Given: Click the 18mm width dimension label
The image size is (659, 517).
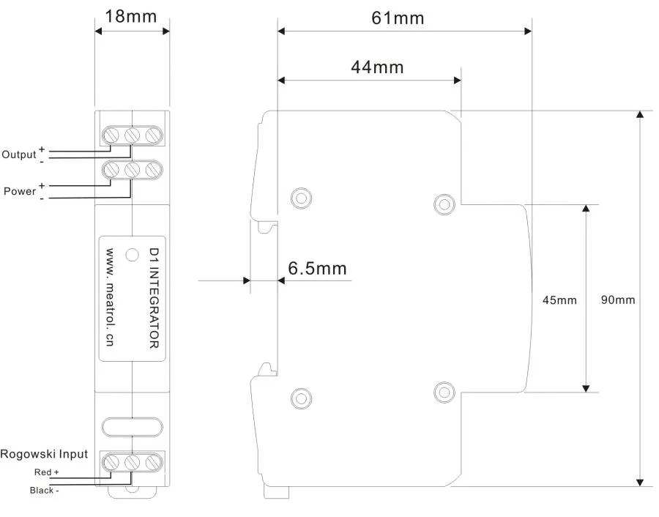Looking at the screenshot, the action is tap(130, 16).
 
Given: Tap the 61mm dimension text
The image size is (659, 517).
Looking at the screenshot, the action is tap(398, 18).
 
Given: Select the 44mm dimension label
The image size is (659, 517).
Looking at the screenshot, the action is tap(377, 67).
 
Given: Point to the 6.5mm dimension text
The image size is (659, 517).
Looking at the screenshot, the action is tap(317, 268).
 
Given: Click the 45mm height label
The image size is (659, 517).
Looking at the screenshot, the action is tap(559, 300).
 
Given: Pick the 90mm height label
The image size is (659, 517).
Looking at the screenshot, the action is tap(618, 300).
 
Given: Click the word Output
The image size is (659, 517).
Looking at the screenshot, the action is tap(19, 155).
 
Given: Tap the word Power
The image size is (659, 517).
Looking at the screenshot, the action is tap(20, 191).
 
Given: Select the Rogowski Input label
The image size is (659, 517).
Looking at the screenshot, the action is tap(44, 454).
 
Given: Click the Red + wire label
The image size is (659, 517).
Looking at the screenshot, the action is tap(46, 472).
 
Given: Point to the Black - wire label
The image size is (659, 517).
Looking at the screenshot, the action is tap(44, 490).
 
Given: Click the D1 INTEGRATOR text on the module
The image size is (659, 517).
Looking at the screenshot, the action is tap(154, 298).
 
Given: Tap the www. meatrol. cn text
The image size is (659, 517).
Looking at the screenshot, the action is tap(110, 297).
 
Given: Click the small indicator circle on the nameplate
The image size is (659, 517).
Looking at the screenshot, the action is tap(133, 255).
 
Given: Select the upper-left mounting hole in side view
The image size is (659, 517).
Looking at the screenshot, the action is tap(302, 198).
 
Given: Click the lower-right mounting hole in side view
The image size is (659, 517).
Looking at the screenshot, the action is tap(444, 393).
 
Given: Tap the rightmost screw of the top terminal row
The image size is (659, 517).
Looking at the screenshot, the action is tap(154, 135).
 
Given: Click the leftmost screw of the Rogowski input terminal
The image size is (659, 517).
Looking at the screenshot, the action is tap(111, 462).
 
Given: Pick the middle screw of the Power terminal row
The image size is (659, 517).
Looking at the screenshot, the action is tap(133, 170).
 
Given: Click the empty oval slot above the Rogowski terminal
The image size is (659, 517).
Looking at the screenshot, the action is tap(132, 427).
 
